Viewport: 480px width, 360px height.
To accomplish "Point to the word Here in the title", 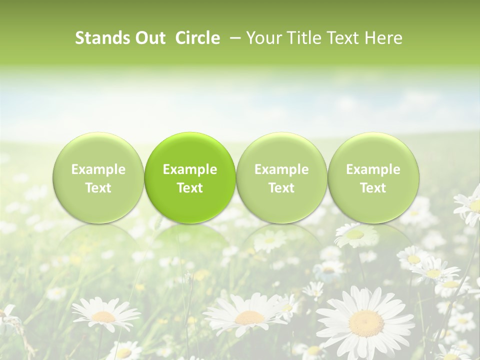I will [384, 38].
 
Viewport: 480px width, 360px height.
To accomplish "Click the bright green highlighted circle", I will [190, 177].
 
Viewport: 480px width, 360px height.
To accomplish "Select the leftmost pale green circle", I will [98, 177].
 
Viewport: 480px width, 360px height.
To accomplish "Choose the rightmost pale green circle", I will [373, 177].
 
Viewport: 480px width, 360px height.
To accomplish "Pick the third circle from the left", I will [281, 177].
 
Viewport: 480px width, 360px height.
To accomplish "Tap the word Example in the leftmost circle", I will [98, 169].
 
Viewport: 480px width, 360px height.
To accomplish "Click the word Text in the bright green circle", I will [190, 188].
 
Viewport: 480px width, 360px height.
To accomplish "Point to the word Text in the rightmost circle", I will [373, 188].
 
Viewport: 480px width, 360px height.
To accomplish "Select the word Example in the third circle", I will [281, 169].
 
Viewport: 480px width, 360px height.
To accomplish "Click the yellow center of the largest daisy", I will [366, 323].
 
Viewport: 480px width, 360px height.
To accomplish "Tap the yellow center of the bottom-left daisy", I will [104, 316].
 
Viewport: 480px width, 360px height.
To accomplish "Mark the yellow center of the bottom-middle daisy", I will [249, 317].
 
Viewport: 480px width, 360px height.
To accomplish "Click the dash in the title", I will [233, 38].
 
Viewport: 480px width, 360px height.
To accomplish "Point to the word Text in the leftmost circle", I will [98, 188].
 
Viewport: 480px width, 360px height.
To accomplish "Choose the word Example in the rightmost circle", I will [373, 169].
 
